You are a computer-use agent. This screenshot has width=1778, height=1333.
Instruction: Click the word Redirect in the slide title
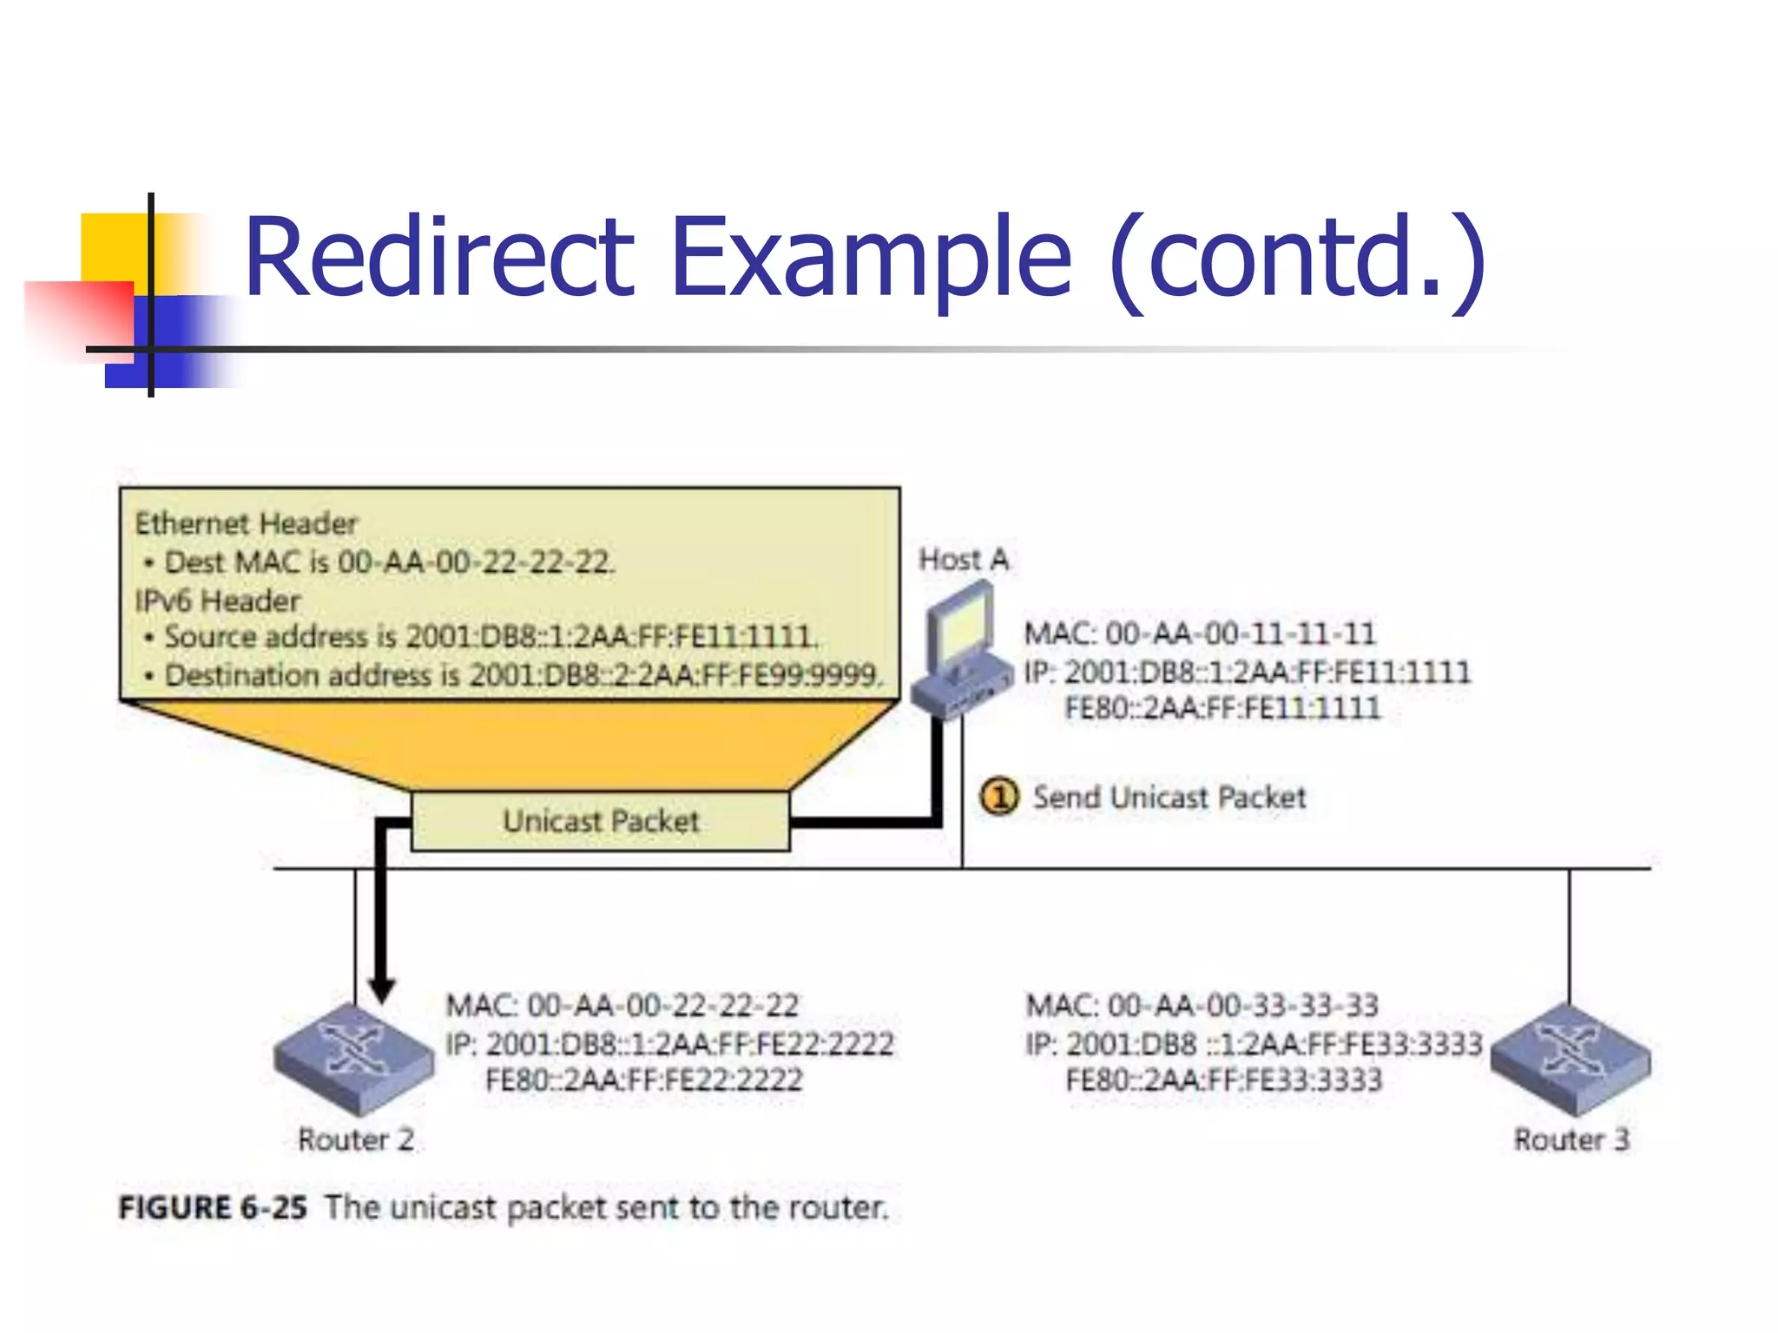coord(439,258)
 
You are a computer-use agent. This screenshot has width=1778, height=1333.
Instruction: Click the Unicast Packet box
coord(601,821)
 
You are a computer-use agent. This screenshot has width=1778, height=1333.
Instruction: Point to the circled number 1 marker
coord(998,796)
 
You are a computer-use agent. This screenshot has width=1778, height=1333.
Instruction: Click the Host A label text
coord(964,560)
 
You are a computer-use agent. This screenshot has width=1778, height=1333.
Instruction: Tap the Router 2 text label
coord(356,1139)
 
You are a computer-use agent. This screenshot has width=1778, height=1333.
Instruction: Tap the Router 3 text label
coord(1571,1139)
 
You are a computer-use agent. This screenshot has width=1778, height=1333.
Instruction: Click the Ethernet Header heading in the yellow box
coord(246,523)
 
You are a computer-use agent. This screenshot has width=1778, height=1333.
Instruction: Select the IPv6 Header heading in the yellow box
coord(218,601)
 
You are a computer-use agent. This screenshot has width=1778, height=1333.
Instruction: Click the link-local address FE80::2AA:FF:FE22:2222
coord(643,1080)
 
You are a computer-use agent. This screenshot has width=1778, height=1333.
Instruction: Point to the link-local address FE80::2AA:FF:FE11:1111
coord(1222,708)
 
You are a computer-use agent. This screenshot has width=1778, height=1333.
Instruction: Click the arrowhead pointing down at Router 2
coord(382,989)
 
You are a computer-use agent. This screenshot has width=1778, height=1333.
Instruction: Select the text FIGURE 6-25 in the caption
coord(213,1207)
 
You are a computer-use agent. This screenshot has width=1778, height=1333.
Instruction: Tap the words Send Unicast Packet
coord(1169,797)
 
